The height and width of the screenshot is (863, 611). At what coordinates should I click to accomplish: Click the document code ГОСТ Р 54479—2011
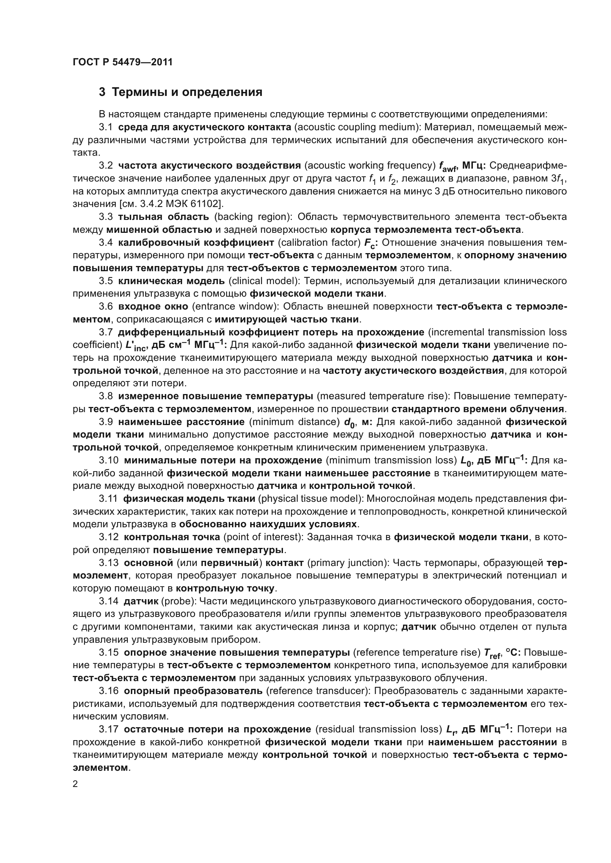coord(123,62)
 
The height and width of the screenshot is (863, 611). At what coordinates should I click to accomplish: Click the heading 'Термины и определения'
coord(187,92)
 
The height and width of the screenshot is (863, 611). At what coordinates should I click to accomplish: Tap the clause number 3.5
coord(106,281)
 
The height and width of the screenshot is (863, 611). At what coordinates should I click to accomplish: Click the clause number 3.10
coord(108,460)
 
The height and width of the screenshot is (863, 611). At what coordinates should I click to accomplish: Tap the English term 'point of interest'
coord(263,537)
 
